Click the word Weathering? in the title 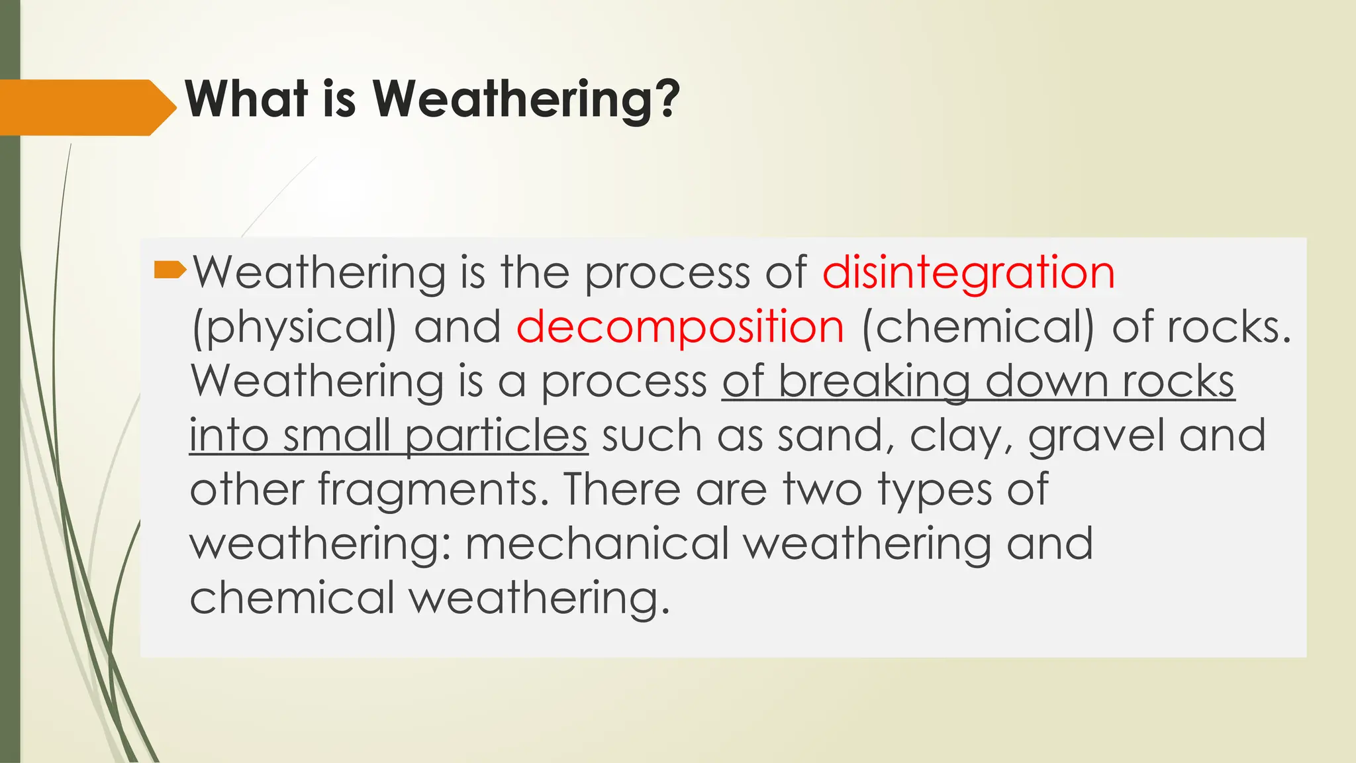(x=526, y=99)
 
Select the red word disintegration (x=968, y=273)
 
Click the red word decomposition (x=680, y=327)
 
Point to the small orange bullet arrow (x=169, y=270)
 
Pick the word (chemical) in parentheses (x=978, y=327)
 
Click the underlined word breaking (x=874, y=382)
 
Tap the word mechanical (x=597, y=544)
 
